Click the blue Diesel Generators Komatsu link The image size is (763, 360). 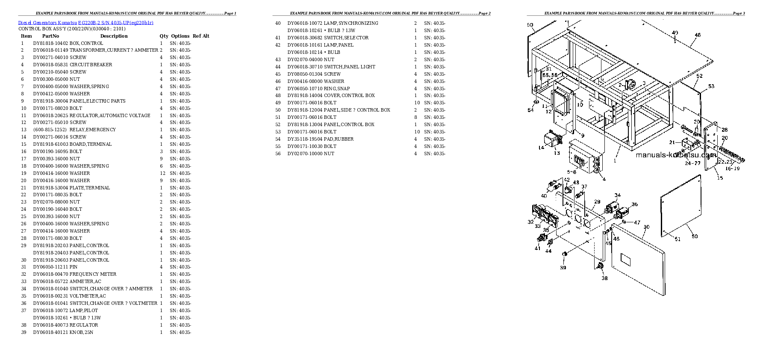pyautogui.click(x=85, y=23)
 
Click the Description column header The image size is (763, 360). pyautogui.click(x=114, y=36)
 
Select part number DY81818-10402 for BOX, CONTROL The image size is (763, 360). pyautogui.click(x=51, y=43)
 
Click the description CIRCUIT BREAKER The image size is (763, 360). pyautogui.click(x=91, y=65)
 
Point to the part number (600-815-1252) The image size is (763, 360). pyautogui.click(x=50, y=130)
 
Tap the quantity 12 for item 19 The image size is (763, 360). pyautogui.click(x=162, y=173)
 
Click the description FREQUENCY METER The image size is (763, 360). pyautogui.click(x=93, y=274)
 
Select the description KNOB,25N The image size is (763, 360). pyautogui.click(x=81, y=332)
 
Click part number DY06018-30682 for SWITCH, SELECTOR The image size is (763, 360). pyautogui.click(x=305, y=38)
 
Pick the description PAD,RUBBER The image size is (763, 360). pyautogui.click(x=339, y=139)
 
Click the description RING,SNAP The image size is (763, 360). pyautogui.click(x=337, y=89)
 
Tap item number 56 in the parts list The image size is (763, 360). pyautogui.click(x=278, y=153)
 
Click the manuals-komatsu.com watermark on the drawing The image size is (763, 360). pyautogui.click(x=676, y=155)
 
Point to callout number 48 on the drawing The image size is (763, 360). pyautogui.click(x=698, y=35)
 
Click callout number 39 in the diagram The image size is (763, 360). pyautogui.click(x=563, y=268)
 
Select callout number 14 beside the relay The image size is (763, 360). pyautogui.click(x=541, y=148)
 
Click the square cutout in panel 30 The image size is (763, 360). pyautogui.click(x=625, y=259)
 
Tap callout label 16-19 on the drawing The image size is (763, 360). pyautogui.click(x=733, y=168)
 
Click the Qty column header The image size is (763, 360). pyautogui.click(x=164, y=36)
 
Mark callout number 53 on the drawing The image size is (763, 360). pyautogui.click(x=711, y=86)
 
